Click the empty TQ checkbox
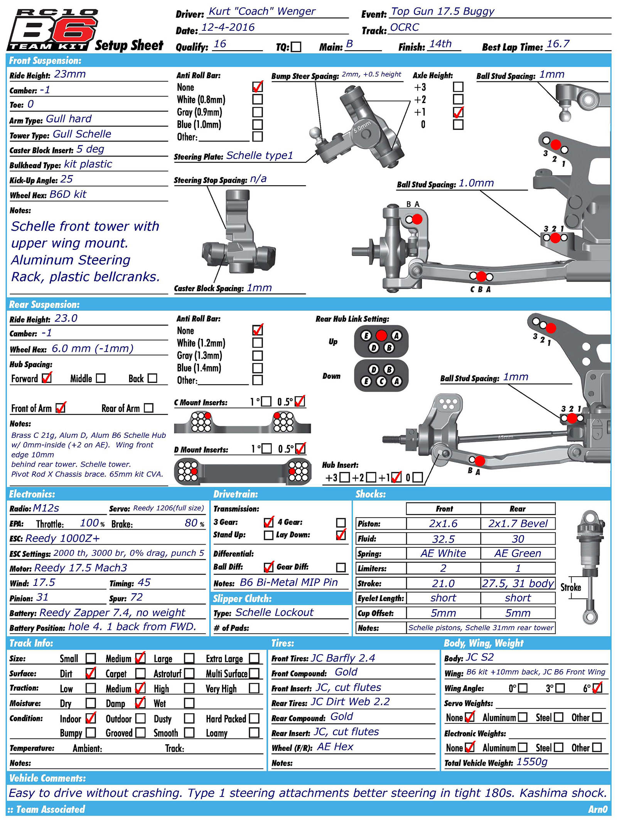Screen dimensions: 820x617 pos(296,47)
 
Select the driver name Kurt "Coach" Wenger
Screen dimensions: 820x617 pos(262,11)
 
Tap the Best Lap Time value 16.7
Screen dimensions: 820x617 pos(558,44)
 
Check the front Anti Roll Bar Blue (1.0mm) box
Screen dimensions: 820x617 pos(258,125)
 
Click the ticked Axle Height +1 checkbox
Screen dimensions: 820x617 pos(458,112)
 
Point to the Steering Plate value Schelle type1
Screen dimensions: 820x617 pos(260,155)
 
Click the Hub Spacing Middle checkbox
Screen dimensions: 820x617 pos(101,378)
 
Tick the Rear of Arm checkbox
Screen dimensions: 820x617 pos(148,408)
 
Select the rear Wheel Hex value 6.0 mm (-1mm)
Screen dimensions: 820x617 pos(92,349)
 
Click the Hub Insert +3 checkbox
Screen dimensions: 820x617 pos(345,477)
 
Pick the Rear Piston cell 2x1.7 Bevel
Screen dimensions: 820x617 pos(518,523)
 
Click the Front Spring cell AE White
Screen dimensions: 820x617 pos(443,553)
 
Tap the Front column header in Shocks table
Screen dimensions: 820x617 pos(444,509)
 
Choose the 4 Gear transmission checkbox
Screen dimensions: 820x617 pos(341,523)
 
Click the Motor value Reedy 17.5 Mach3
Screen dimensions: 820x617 pos(81,568)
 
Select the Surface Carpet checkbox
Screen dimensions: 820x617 pos(141,673)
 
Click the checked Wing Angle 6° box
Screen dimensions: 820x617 pos(597,688)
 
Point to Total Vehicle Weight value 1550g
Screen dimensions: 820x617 pos(532,762)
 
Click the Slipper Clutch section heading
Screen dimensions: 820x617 pos(243,599)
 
